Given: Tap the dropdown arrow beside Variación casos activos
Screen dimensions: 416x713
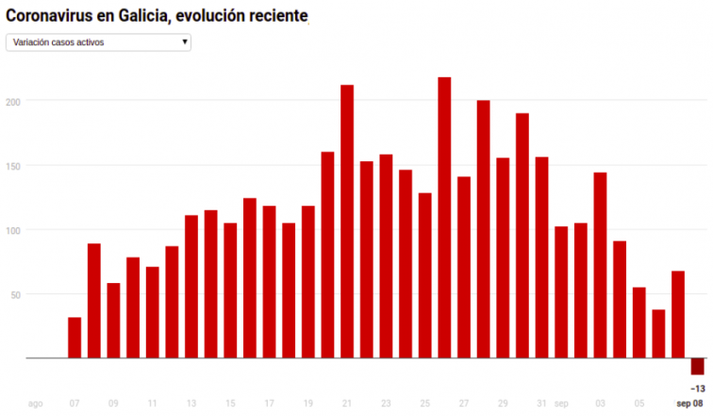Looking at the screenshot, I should point(184,42).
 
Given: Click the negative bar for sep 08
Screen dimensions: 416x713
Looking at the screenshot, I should point(697,367).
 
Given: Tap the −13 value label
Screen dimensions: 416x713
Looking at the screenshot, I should point(698,389).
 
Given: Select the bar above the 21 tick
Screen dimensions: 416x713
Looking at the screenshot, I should point(347,222).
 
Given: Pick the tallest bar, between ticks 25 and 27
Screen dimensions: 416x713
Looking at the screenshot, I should point(444,218).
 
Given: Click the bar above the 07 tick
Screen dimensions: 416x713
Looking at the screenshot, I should point(75,338).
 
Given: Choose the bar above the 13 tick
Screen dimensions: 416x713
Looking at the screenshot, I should point(191,287).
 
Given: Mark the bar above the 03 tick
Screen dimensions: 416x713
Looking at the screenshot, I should point(600,265).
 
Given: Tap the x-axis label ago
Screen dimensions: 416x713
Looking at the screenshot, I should point(35,404).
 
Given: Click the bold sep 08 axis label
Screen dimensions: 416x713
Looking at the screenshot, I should point(689,404).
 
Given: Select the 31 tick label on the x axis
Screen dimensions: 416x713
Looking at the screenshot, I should point(541,404).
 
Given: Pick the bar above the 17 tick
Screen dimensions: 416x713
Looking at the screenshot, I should point(270,282).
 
